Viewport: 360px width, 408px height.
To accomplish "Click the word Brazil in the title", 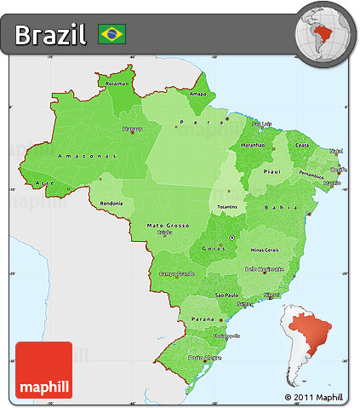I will pyautogui.click(x=50, y=35).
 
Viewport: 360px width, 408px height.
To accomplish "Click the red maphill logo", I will pyautogui.click(x=43, y=370).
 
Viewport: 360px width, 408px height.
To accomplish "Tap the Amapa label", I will pyautogui.click(x=197, y=94).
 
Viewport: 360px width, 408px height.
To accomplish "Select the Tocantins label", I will pyautogui.click(x=226, y=207).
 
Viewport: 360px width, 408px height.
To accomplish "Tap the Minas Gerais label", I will pyautogui.click(x=265, y=250).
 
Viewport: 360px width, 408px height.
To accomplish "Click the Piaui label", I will pyautogui.click(x=272, y=170).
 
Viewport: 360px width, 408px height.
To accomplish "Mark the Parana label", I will pyautogui.click(x=202, y=319).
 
